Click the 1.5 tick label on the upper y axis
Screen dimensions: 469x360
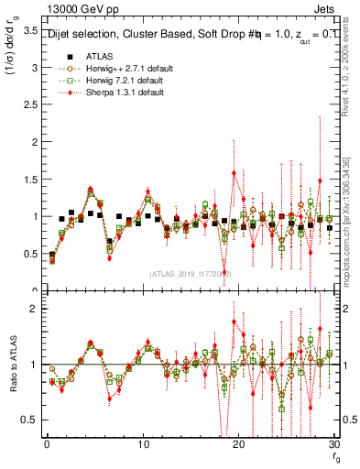pyautogui.click(x=29, y=180)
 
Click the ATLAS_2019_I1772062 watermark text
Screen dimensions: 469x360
pyautogui.click(x=191, y=274)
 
